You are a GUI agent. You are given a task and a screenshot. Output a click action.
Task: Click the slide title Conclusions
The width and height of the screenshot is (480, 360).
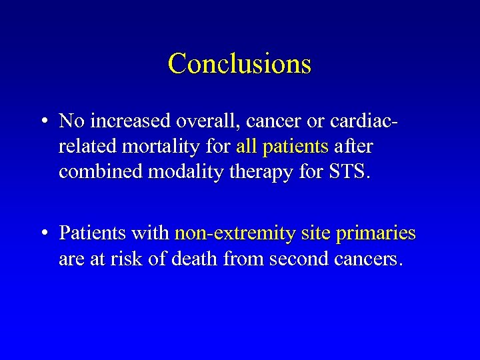pyautogui.click(x=239, y=64)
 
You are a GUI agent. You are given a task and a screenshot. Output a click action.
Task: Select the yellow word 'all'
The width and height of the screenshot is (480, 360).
pyautogui.click(x=247, y=146)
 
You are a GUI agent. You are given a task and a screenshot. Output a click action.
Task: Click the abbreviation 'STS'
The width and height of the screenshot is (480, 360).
pyautogui.click(x=345, y=171)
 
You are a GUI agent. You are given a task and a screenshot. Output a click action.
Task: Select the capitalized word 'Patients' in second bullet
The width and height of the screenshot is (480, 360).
pyautogui.click(x=93, y=233)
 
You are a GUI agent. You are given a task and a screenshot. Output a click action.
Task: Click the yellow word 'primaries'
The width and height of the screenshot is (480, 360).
pyautogui.click(x=376, y=233)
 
